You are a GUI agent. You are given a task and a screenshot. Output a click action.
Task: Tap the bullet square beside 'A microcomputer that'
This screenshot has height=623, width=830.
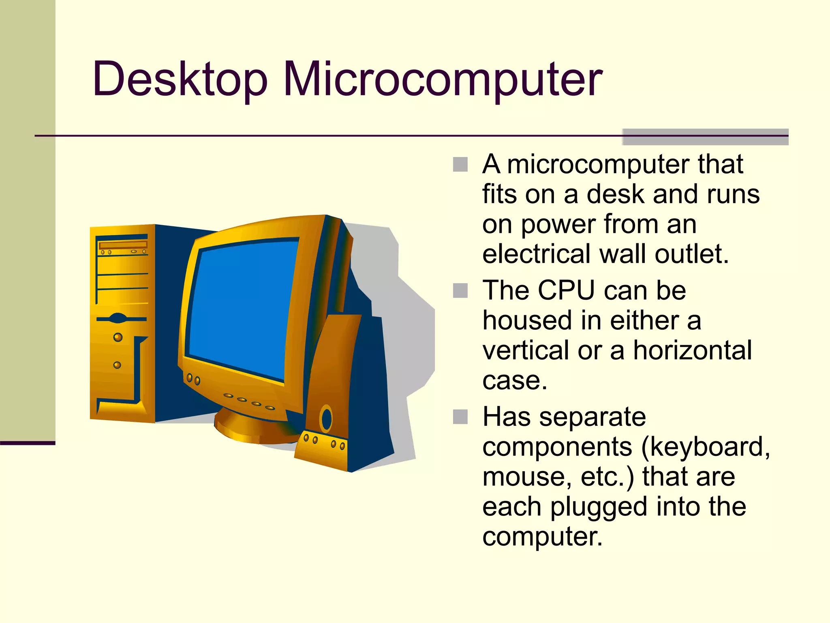pos(460,165)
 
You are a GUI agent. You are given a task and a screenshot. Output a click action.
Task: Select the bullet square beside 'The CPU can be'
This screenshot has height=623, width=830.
pos(460,291)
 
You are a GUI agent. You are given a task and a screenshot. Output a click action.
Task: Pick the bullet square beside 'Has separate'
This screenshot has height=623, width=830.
pos(460,417)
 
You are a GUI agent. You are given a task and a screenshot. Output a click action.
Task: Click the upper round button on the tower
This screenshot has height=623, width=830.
pos(118,337)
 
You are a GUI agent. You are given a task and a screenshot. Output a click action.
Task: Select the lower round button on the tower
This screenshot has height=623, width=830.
pos(117,365)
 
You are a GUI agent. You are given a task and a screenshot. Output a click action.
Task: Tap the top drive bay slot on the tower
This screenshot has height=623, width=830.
pos(123,245)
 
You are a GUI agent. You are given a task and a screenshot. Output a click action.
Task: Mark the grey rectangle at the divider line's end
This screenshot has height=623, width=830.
pos(705,137)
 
